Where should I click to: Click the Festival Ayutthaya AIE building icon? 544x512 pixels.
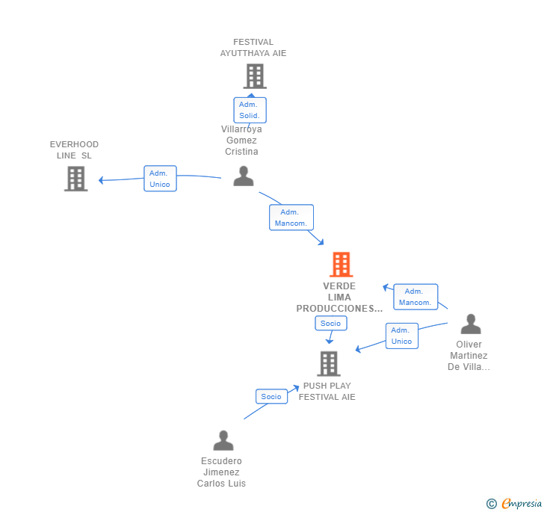click(255, 76)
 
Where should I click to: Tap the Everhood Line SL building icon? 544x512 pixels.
click(75, 179)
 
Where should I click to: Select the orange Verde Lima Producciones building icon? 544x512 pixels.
click(341, 265)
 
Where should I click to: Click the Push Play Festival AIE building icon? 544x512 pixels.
click(329, 364)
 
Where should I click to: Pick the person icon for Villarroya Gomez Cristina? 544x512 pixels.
click(244, 176)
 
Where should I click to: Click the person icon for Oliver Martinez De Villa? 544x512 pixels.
click(471, 324)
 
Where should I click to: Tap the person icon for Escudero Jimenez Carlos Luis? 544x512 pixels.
click(223, 440)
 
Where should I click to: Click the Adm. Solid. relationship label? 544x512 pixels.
click(250, 110)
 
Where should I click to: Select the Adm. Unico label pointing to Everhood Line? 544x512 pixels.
click(160, 179)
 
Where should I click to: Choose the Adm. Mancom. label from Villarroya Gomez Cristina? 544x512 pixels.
click(291, 218)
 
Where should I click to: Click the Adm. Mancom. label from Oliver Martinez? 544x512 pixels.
click(415, 297)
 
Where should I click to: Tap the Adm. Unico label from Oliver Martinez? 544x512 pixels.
click(401, 336)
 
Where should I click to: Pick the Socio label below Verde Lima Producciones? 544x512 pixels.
click(330, 324)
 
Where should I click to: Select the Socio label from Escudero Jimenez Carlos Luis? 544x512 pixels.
click(271, 397)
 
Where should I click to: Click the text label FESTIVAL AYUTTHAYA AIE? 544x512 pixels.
click(253, 48)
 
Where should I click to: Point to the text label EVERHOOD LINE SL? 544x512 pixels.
click(74, 149)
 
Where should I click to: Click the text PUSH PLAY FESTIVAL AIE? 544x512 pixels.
click(327, 392)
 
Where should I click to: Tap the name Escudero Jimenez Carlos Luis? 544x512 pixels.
click(221, 472)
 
